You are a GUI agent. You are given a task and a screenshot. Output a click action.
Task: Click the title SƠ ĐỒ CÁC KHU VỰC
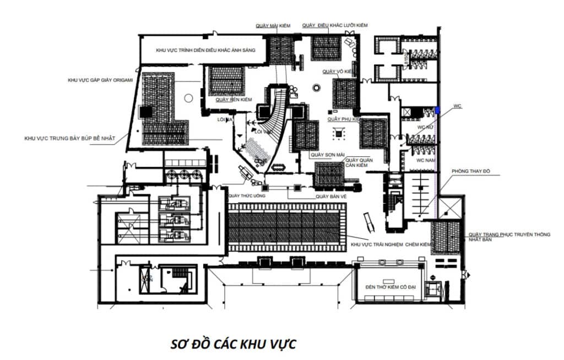pos(234,344)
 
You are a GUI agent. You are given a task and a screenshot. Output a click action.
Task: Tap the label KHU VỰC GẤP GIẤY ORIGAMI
pos(100,80)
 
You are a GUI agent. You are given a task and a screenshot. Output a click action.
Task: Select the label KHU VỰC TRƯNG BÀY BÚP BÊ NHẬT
pos(69,138)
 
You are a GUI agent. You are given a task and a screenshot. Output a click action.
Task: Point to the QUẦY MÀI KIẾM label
pos(273,25)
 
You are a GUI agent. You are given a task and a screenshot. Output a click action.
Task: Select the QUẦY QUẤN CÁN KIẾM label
pos(359,163)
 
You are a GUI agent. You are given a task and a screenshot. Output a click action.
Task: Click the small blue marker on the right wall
pos(438,110)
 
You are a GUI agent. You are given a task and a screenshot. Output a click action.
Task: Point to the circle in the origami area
pos(188,99)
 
